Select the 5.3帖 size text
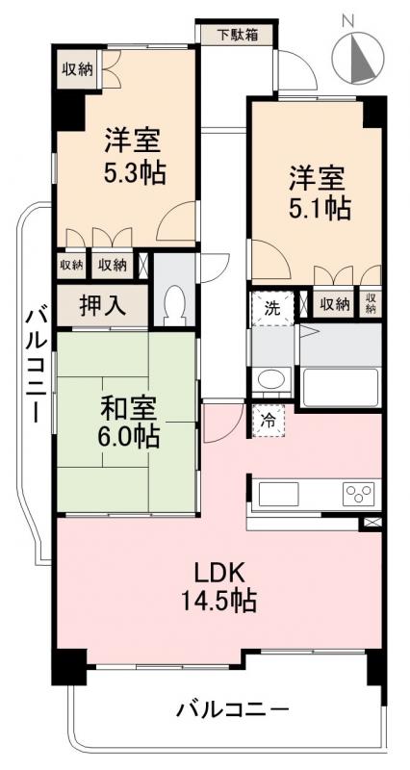135,173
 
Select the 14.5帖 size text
220,603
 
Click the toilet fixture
175,305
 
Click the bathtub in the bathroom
341,388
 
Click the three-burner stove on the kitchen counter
361,495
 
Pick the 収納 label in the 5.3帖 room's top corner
77,67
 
